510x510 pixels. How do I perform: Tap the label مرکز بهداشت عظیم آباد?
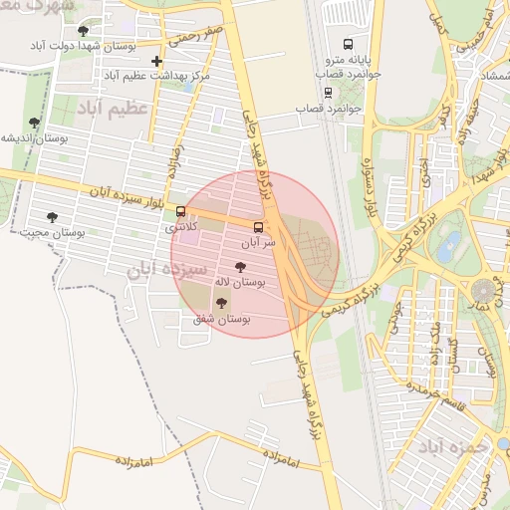(157, 76)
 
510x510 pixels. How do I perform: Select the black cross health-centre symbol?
(156, 61)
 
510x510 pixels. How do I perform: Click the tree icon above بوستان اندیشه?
(35, 124)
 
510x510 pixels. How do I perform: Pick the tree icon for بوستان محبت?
(52, 216)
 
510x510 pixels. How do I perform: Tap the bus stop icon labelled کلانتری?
(180, 211)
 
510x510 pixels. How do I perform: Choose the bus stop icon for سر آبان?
(259, 226)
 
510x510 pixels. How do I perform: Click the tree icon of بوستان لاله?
(239, 267)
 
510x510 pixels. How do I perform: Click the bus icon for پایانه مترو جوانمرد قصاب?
(348, 44)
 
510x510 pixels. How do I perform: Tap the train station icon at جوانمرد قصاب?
(329, 93)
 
